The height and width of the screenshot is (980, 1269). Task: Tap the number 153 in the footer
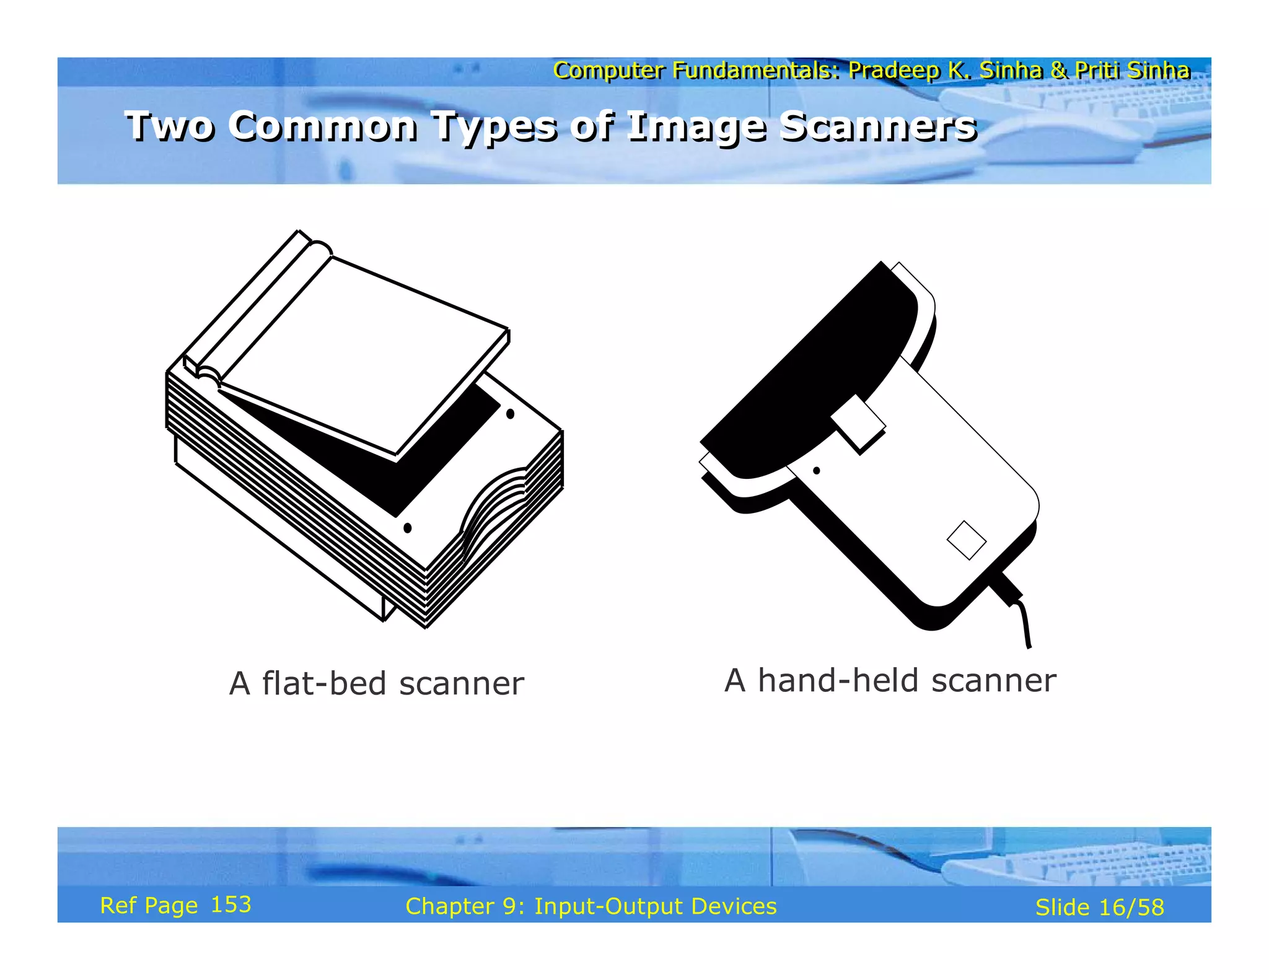tap(231, 905)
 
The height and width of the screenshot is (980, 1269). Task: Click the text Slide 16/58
tap(1099, 908)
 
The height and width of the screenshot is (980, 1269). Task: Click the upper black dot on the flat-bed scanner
tap(510, 414)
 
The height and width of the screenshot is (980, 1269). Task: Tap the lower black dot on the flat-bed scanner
tap(407, 528)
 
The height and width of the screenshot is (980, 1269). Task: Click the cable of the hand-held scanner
tap(1022, 619)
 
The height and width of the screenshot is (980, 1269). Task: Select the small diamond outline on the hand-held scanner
tap(966, 540)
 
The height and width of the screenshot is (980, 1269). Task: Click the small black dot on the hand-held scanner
tap(817, 471)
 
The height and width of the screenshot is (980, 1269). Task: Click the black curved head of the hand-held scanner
tap(824, 384)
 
